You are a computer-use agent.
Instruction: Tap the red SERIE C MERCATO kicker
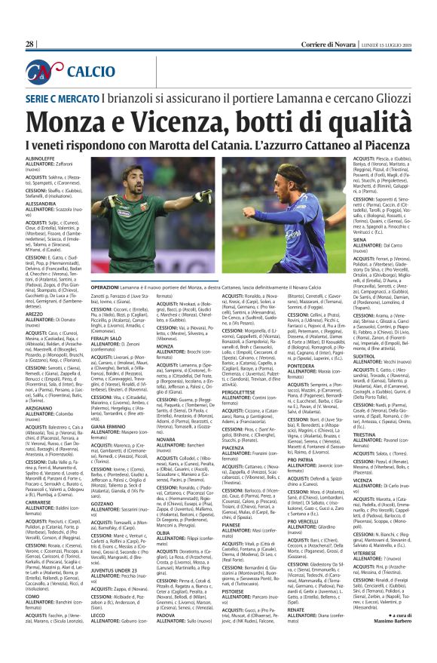(66, 99)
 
